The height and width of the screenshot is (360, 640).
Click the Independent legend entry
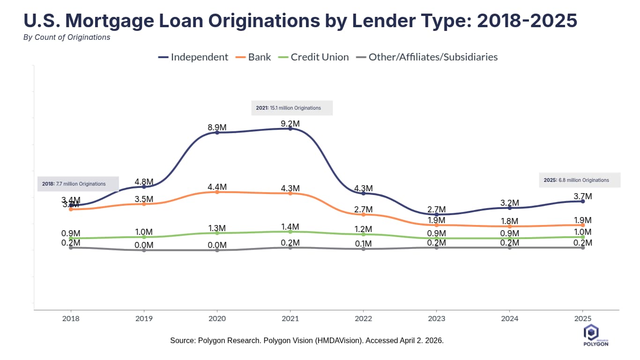pyautogui.click(x=193, y=57)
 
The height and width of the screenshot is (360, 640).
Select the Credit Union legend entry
pyautogui.click(x=313, y=57)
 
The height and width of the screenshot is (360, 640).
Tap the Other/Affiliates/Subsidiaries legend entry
pyautogui.click(x=427, y=57)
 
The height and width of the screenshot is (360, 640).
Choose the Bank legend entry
pyautogui.click(x=253, y=57)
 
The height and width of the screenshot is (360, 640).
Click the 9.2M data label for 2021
pyautogui.click(x=290, y=124)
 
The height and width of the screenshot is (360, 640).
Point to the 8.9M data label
pyautogui.click(x=217, y=127)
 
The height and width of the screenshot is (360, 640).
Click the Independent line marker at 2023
pyautogui.click(x=437, y=215)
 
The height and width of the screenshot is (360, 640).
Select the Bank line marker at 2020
pyautogui.click(x=217, y=192)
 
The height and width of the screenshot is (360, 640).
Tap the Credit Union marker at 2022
pyautogui.click(x=364, y=234)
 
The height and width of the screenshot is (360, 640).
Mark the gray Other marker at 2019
pyautogui.click(x=144, y=250)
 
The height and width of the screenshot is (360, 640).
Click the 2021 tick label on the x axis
pyautogui.click(x=290, y=319)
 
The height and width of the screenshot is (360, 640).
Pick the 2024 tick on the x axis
pyautogui.click(x=510, y=319)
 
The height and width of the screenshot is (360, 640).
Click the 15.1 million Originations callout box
pyautogui.click(x=292, y=108)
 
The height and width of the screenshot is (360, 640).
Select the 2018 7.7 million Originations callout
pyautogui.click(x=78, y=184)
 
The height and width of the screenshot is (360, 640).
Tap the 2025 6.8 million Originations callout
pyautogui.click(x=580, y=180)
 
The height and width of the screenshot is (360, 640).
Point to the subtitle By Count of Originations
pyautogui.click(x=67, y=37)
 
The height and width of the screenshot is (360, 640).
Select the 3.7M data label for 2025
pyautogui.click(x=583, y=196)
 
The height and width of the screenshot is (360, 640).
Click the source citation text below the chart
pyautogui.click(x=307, y=341)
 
